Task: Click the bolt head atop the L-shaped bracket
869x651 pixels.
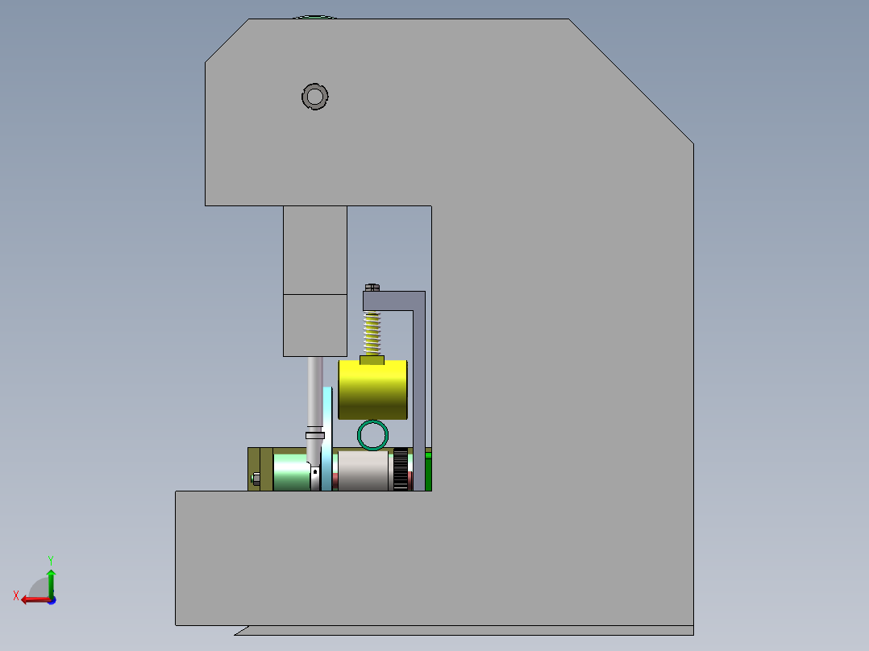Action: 372,286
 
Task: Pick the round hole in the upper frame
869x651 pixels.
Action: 314,97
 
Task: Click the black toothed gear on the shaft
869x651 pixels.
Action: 399,471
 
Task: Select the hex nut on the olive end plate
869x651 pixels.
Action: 256,478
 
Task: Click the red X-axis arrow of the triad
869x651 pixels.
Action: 32,599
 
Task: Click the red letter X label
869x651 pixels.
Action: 15,595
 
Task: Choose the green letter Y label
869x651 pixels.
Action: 50,558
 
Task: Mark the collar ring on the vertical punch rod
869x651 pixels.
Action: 315,435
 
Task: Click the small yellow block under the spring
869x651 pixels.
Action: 371,359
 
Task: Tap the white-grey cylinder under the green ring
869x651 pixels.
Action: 363,471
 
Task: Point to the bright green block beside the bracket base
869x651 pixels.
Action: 428,471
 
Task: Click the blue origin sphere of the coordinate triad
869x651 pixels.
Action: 52,599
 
